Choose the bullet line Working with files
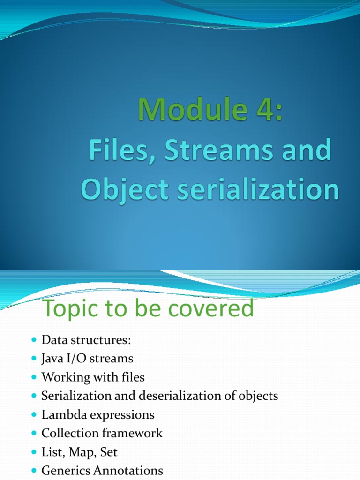(93, 377)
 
